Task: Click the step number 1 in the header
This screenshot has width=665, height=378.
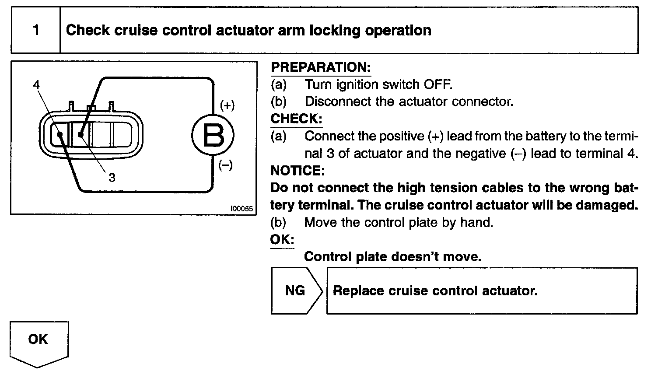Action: click(36, 30)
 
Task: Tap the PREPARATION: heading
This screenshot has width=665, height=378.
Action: click(321, 67)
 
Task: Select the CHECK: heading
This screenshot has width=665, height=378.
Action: click(296, 119)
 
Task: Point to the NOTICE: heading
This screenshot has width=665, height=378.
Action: click(297, 170)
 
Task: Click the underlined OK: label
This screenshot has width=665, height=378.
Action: click(282, 240)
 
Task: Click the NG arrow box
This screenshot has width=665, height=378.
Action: click(296, 291)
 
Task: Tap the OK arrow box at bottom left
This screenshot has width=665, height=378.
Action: click(38, 341)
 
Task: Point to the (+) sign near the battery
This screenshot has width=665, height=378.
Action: click(227, 105)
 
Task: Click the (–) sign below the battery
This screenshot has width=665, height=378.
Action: click(225, 165)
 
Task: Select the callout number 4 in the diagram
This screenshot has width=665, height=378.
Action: click(36, 84)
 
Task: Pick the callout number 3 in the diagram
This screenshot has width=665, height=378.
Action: click(112, 178)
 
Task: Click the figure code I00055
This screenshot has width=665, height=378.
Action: click(241, 209)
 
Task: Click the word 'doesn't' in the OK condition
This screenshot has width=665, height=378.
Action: click(415, 256)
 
